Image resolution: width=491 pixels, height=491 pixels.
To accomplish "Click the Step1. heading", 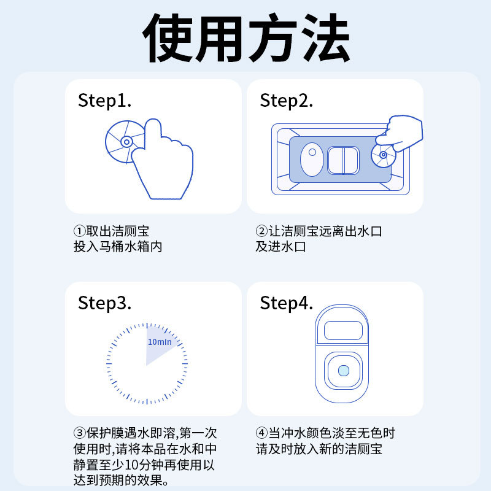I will [x=105, y=101].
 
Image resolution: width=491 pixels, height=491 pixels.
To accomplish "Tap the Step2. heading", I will [x=287, y=101].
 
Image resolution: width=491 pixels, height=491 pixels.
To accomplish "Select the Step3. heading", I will [x=105, y=303].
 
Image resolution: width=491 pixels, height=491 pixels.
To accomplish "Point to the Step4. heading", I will [x=287, y=303].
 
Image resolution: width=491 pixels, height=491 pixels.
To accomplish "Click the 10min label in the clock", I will [x=160, y=342].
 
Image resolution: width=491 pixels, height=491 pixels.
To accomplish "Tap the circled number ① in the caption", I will [x=79, y=232].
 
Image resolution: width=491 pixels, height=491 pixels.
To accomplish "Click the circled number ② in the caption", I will [x=261, y=232].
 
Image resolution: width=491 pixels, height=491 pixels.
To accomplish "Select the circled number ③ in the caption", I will [x=79, y=433].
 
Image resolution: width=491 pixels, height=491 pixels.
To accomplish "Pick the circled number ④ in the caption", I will [x=261, y=433].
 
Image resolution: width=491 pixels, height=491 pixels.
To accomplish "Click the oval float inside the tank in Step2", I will [x=312, y=160].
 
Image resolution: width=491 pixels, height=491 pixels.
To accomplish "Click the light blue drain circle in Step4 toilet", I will [x=343, y=371].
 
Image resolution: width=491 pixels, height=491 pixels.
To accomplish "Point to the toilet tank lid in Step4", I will [x=343, y=330].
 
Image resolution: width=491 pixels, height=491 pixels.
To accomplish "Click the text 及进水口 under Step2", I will [x=280, y=247].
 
